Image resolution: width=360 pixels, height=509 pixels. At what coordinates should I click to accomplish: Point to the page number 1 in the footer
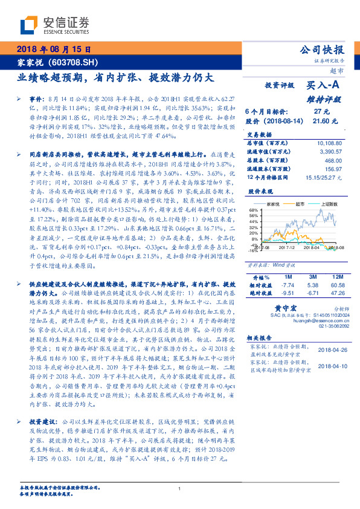pyautogui.click(x=180, y=489)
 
